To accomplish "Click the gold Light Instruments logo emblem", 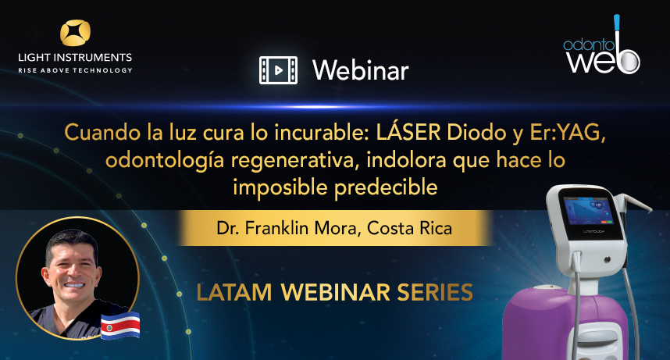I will point(75,34).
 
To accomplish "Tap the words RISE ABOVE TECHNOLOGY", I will point(75,70).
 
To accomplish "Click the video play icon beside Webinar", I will point(279,70).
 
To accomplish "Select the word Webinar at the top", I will point(360,70).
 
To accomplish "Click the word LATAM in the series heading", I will point(234,293).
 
